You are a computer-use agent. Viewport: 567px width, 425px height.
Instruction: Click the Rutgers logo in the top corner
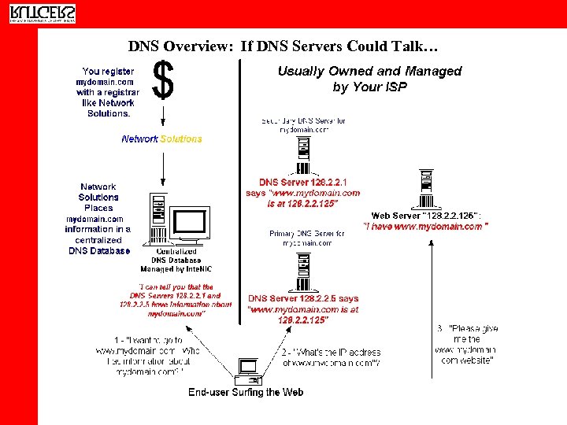(43, 13)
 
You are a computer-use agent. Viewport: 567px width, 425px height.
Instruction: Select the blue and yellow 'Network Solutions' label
(161, 139)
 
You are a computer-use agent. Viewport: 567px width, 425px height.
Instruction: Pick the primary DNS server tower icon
(302, 272)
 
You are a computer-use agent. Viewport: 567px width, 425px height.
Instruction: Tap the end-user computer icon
(247, 370)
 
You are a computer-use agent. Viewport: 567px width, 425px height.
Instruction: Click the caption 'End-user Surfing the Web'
(245, 392)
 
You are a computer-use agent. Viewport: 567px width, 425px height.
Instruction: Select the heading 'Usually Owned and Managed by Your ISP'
(369, 79)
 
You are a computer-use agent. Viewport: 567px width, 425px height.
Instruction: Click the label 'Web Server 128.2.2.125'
(426, 216)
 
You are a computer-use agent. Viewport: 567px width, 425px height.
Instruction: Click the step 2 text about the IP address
(331, 357)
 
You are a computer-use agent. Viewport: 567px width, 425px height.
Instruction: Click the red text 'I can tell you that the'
(176, 287)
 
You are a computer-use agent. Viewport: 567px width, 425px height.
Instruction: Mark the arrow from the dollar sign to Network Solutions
(162, 115)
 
